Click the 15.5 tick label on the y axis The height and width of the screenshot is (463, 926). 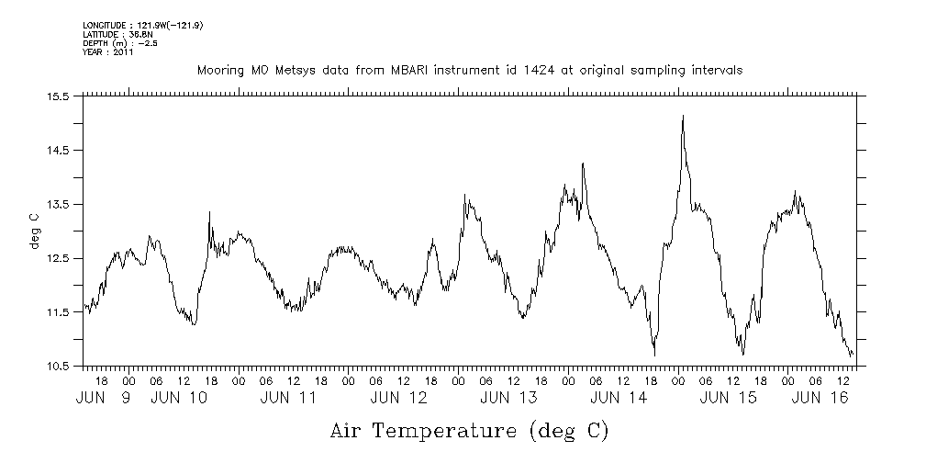pyautogui.click(x=58, y=96)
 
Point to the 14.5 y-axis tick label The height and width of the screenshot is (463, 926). pyautogui.click(x=58, y=150)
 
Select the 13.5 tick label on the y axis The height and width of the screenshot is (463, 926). pyautogui.click(x=58, y=204)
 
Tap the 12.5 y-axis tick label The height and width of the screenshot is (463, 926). pyautogui.click(x=58, y=258)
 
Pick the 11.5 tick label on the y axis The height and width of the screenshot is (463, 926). pyautogui.click(x=58, y=312)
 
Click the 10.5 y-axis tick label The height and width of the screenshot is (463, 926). pyautogui.click(x=58, y=367)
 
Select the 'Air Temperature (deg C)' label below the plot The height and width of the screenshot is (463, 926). pyautogui.click(x=469, y=430)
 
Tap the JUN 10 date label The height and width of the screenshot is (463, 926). pyautogui.click(x=179, y=399)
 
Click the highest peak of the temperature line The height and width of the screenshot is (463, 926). pyautogui.click(x=683, y=117)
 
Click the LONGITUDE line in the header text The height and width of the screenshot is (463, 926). pyautogui.click(x=142, y=25)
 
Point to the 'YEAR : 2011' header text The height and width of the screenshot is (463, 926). pyautogui.click(x=108, y=53)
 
